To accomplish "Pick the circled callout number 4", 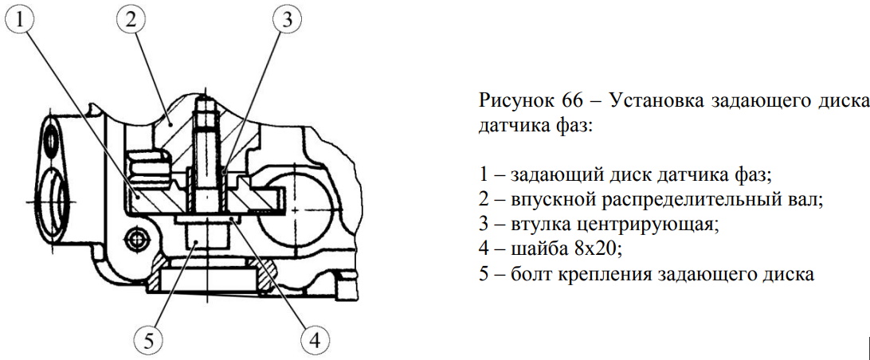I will (x=314, y=340).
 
